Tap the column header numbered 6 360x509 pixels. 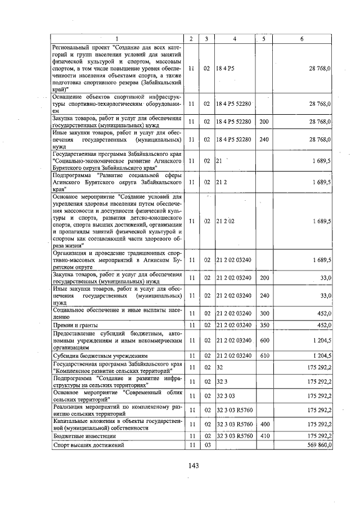[302, 39]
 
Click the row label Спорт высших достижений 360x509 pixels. [88, 445]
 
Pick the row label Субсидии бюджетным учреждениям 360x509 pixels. [100, 355]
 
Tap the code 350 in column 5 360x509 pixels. [264, 325]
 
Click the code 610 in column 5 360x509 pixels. [264, 355]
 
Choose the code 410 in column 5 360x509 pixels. [264, 435]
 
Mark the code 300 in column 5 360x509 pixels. [264, 313]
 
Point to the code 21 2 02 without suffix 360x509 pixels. [227, 221]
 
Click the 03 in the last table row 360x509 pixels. [207, 445]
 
